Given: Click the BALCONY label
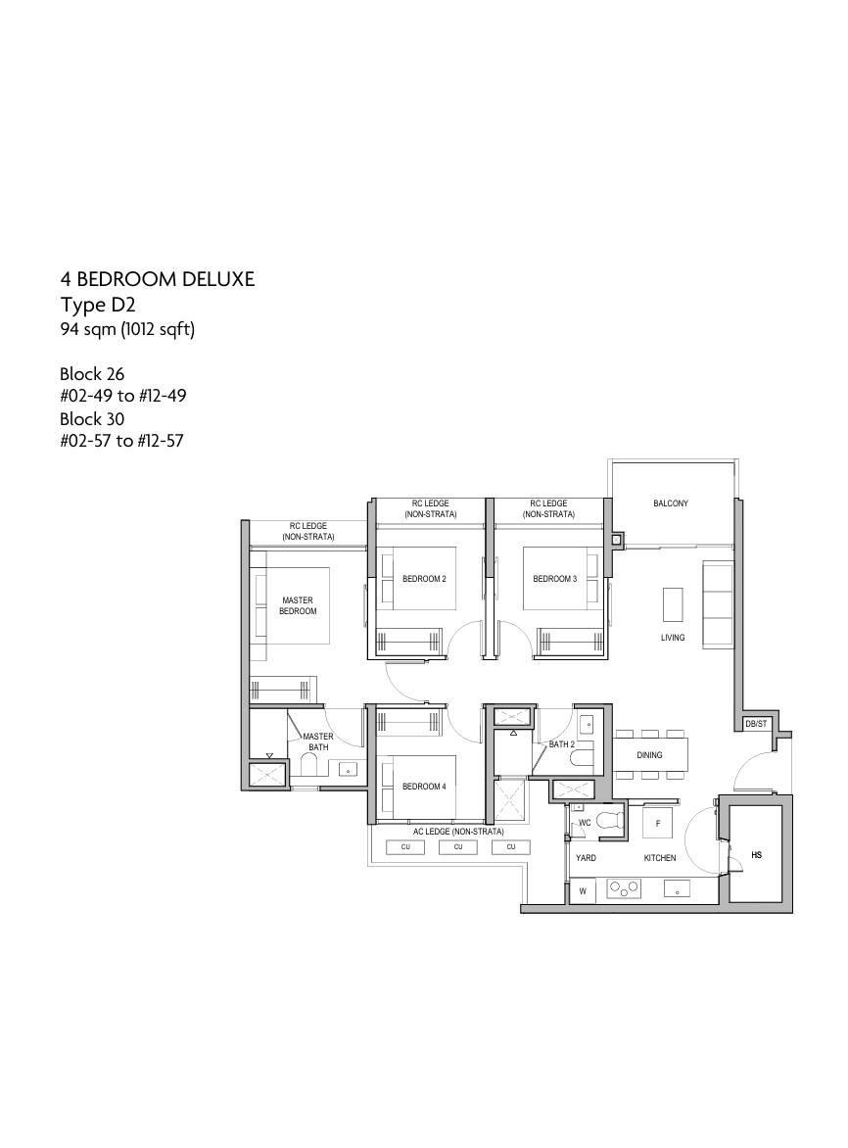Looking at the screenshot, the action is point(670,503).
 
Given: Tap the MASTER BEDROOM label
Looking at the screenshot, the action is point(298,605).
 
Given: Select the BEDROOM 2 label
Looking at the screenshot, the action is point(424,579).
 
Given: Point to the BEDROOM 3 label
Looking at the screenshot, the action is point(554,579).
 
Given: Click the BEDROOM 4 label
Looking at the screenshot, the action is point(424,788).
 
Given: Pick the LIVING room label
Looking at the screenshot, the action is point(673,638).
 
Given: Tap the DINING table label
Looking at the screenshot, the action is point(650,755).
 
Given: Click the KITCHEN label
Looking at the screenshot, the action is point(660,857).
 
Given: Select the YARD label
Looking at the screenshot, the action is point(587,857).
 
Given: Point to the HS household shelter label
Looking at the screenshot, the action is point(757,854).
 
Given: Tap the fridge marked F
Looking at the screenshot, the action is point(658,823).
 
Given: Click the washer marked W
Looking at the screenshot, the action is point(584,891).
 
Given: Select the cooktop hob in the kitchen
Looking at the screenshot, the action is point(624,888).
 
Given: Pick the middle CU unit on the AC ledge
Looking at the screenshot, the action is point(458,847).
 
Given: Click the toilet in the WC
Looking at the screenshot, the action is point(609,822).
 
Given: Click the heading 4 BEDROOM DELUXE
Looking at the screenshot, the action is point(158,279).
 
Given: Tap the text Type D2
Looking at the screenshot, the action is point(98,305).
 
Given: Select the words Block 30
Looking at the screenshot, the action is point(92,419).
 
